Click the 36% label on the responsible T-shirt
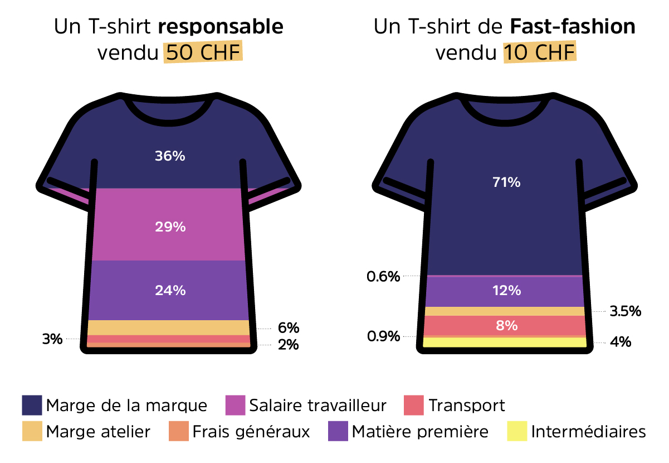170,156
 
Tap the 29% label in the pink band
170,227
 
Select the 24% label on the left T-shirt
170,290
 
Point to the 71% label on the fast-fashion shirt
506,182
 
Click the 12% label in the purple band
506,291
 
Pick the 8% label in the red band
506,325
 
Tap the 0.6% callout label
383,277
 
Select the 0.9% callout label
383,336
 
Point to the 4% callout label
621,341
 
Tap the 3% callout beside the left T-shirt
52,339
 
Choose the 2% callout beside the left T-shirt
288,345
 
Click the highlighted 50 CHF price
203,53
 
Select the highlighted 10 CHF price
540,53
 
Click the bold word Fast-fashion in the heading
572,27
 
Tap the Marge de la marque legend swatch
32,406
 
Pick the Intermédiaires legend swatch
517,431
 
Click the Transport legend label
466,406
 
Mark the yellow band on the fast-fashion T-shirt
505,342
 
